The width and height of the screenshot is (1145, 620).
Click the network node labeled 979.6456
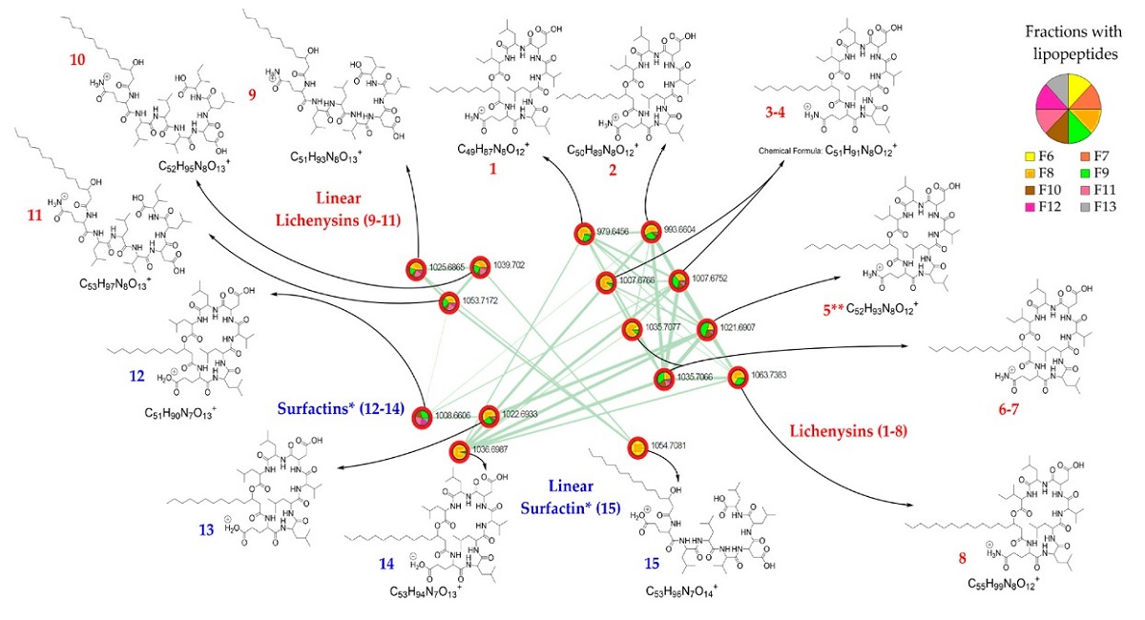(584, 233)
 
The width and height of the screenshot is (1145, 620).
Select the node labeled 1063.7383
(738, 378)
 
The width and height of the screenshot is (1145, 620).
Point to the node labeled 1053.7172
(448, 303)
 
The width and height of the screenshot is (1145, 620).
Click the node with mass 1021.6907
(707, 329)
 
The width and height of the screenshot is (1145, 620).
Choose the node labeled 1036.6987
(458, 450)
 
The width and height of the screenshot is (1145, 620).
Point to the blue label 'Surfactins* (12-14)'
(341, 411)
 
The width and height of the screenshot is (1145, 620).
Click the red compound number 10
(80, 59)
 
